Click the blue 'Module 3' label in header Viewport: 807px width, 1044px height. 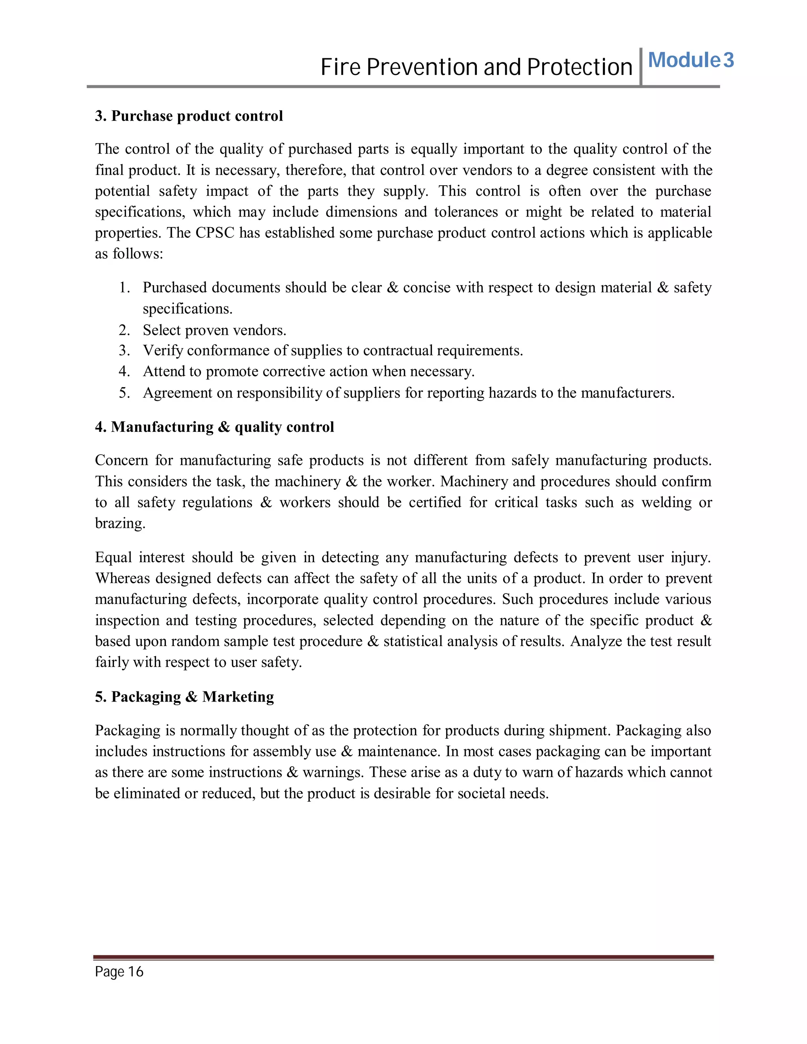coord(690,61)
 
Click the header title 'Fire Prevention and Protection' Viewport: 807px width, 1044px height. coord(476,67)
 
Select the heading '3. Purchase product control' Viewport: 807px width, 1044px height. coord(189,116)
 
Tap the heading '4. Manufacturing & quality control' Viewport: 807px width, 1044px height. coord(214,427)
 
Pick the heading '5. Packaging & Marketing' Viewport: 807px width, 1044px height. coord(184,697)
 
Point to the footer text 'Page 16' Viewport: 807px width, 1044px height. coord(119,972)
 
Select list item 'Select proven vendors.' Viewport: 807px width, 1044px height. coord(215,330)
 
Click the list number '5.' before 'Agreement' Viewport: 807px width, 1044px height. coord(124,393)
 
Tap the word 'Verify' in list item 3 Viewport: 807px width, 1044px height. coord(163,351)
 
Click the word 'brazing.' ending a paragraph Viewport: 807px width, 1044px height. coord(120,524)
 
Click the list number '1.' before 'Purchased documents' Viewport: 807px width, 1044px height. coord(124,288)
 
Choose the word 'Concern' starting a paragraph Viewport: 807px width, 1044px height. coord(121,460)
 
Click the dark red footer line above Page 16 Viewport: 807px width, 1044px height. coord(403,957)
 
